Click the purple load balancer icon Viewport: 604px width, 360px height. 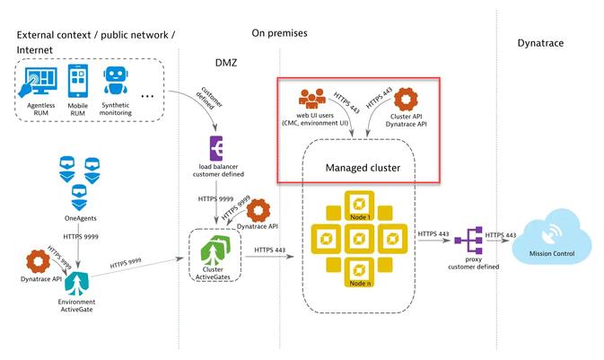point(217,148)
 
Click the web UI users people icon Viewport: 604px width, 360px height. point(314,100)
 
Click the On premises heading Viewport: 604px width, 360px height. point(279,33)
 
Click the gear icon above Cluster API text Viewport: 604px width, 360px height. point(407,101)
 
